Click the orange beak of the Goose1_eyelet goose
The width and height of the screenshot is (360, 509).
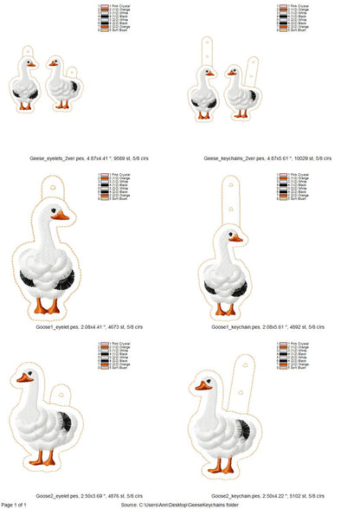point(62,216)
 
